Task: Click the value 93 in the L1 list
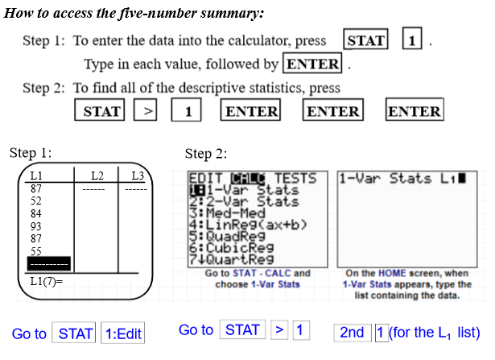coord(35,226)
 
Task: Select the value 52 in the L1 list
coord(35,201)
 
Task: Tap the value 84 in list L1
coord(35,213)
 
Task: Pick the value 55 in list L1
coord(35,251)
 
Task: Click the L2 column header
coord(97,176)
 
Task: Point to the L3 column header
coord(138,176)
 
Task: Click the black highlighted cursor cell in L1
coord(49,263)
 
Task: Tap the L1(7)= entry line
coord(47,281)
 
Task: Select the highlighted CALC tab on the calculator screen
coord(248,179)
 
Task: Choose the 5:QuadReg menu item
coord(227,236)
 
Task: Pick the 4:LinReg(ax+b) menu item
coord(248,225)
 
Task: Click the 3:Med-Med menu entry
coord(227,213)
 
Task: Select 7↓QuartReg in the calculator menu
coord(231,259)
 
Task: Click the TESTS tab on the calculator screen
coord(295,179)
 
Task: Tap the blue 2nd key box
coord(353,333)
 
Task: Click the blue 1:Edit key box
coord(123,333)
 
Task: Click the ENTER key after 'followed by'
coord(312,63)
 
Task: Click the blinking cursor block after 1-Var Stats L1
coord(462,178)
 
